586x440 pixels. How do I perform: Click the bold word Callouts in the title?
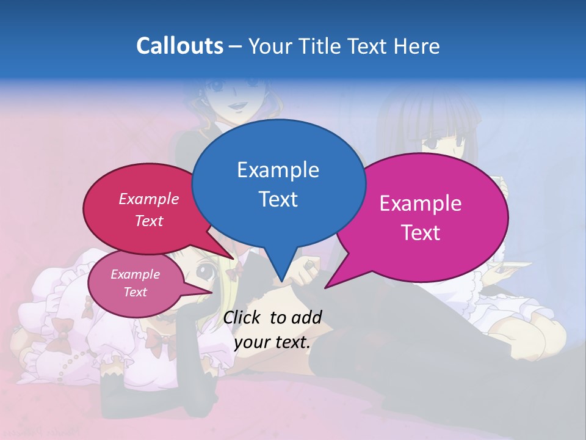(179, 46)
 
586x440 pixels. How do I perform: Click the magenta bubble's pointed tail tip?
(326, 287)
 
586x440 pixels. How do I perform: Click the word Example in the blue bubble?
(278, 170)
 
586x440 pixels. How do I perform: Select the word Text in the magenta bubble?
(421, 232)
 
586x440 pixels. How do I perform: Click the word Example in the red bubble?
(149, 199)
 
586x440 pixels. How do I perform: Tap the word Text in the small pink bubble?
(135, 292)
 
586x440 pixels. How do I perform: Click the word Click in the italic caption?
(242, 317)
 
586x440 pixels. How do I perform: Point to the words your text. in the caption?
(272, 343)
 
